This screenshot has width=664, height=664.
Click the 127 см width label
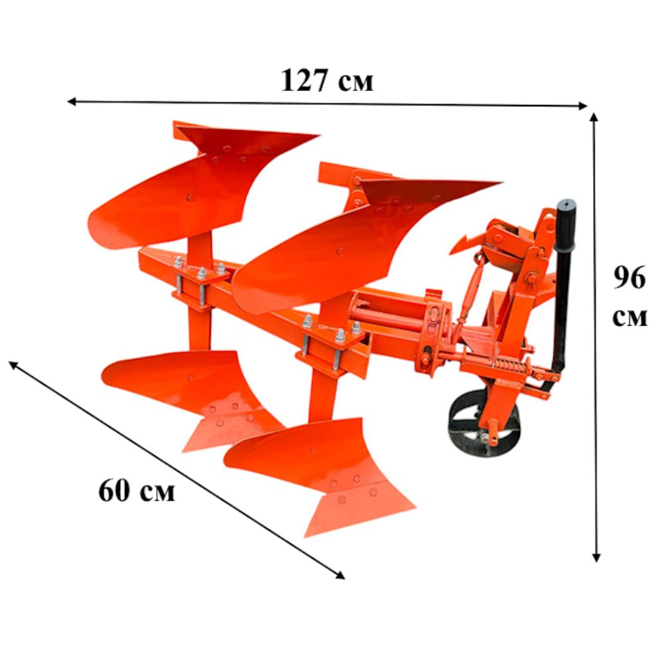click(x=327, y=80)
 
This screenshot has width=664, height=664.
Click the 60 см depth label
click(x=136, y=491)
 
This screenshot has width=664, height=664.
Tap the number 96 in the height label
click(x=629, y=278)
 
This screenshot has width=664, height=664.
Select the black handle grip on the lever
click(x=566, y=224)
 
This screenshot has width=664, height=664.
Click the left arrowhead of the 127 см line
click(x=72, y=101)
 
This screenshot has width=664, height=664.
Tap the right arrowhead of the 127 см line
click(x=583, y=106)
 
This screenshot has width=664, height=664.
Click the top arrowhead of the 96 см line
click(x=594, y=118)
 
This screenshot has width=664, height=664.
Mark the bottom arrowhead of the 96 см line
click(x=596, y=557)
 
